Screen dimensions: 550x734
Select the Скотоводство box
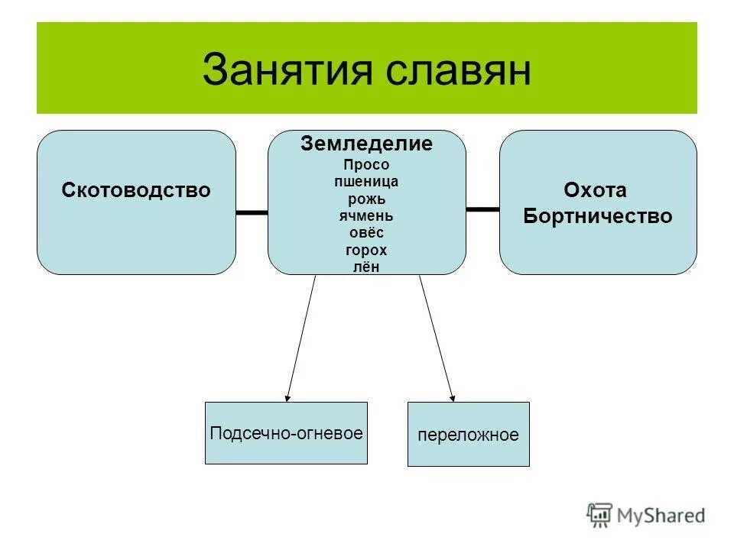coord(136,202)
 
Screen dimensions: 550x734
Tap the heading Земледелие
coord(366,144)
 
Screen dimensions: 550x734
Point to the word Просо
coord(366,165)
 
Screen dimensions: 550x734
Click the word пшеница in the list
coord(366,182)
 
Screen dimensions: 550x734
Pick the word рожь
coord(366,199)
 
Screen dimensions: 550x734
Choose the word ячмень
coord(366,215)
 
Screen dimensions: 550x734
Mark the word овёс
coord(366,232)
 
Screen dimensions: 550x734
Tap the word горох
coord(366,250)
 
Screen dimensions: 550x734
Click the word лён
coord(366,266)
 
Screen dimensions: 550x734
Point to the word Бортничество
coord(597,216)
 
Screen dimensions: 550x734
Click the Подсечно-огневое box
coord(286,433)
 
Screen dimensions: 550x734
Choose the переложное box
coord(468,434)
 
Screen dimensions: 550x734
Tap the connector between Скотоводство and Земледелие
coord(252,212)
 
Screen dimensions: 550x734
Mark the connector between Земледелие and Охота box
coord(482,208)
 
